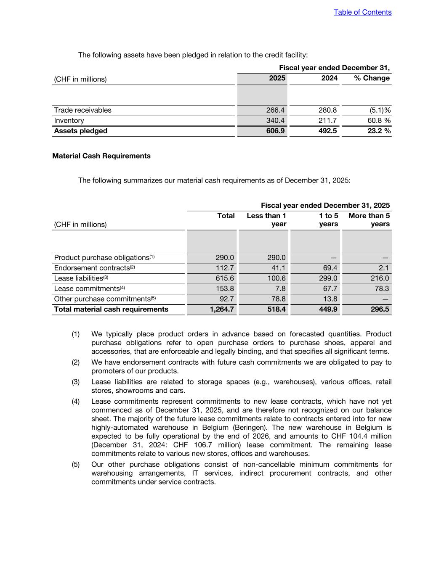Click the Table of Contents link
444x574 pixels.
362,12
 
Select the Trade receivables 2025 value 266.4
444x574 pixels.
275,110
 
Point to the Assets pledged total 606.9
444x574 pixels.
275,131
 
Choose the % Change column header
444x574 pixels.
372,78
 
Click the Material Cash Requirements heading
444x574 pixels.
101,156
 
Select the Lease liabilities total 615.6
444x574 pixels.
225,278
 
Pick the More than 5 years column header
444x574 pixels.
369,220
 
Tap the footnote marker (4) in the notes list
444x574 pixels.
75,402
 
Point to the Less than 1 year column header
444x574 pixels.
266,220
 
